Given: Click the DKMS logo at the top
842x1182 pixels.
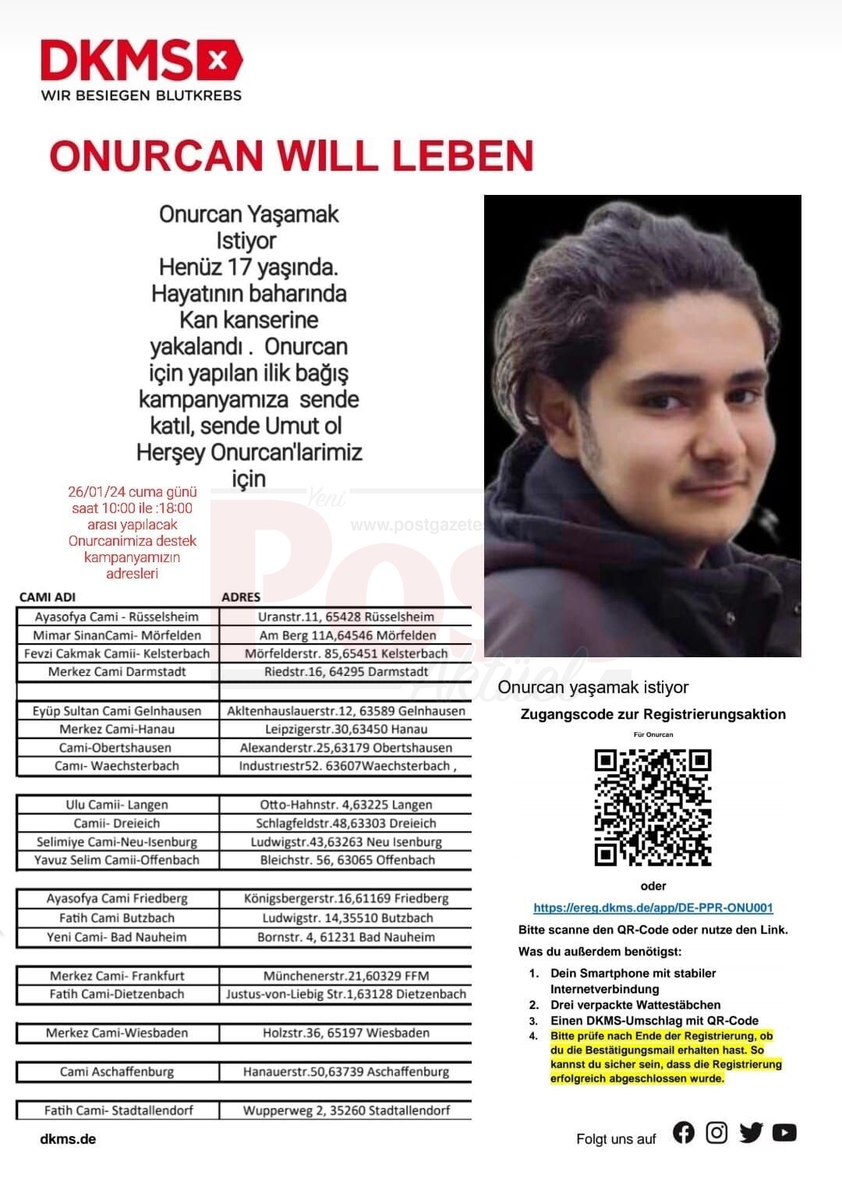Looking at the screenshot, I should point(141,60).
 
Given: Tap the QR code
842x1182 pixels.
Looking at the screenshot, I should point(653,807).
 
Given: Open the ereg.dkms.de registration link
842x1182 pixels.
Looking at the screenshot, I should point(653,908).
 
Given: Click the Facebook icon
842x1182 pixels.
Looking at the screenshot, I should point(684,1133).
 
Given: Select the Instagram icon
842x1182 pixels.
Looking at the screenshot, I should point(716,1133).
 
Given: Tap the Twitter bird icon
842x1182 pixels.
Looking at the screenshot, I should point(751,1133).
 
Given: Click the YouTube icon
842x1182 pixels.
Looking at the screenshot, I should point(784,1133).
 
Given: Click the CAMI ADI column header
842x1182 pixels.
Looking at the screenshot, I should point(48,597).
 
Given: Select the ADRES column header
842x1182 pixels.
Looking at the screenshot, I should point(241,597).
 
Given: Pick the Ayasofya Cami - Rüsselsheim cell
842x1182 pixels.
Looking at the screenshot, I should point(117,617).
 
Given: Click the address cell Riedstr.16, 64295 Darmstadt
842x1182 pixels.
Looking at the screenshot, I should point(346,671).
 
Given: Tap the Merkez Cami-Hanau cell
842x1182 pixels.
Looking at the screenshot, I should point(117,729).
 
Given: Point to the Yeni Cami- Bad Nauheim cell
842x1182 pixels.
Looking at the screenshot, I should point(117,937).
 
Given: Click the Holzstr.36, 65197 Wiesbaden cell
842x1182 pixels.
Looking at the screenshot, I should point(346,1033).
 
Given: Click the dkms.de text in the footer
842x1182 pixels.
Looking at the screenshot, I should point(68,1139).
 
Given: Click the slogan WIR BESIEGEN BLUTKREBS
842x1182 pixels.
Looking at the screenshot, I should point(141,95).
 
